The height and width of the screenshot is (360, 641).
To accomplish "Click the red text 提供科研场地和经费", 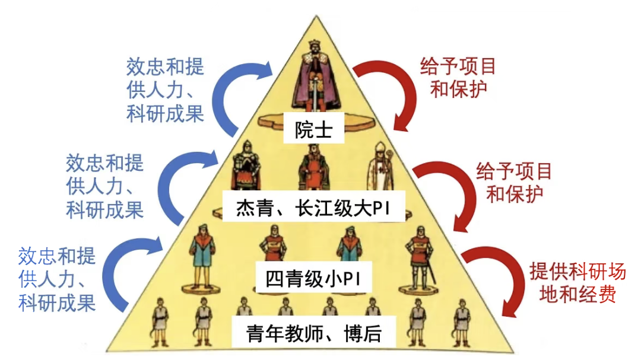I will [x=577, y=283].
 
